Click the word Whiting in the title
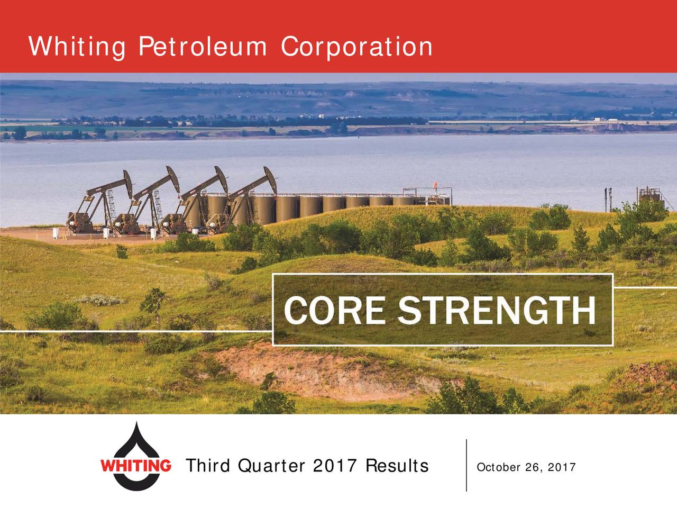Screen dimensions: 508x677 [x=77, y=48]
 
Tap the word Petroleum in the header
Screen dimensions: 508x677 [x=203, y=48]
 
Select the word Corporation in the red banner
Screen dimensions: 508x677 [x=356, y=48]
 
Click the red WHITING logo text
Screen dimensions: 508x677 [x=135, y=466]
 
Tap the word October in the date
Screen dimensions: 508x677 [x=498, y=467]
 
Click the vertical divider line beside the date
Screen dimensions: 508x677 [x=466, y=466]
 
